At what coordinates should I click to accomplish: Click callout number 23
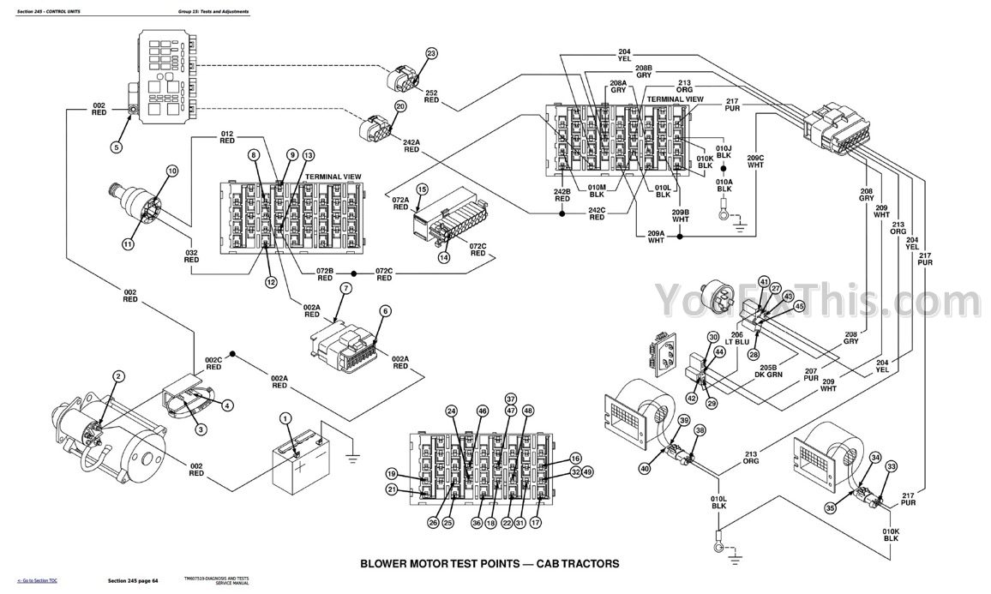coord(431,54)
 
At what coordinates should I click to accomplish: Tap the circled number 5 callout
coord(116,147)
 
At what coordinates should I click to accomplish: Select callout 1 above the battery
coord(285,417)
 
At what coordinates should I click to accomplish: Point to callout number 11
coord(128,244)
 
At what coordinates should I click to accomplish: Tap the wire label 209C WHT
coord(755,160)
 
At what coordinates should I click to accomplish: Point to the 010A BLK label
coord(724,186)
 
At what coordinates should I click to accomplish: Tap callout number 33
coord(892,466)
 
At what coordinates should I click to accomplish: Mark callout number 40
coord(645,467)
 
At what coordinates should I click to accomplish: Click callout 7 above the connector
coord(345,289)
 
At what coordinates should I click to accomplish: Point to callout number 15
coord(422,189)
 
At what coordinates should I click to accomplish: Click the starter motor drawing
coord(111,437)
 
